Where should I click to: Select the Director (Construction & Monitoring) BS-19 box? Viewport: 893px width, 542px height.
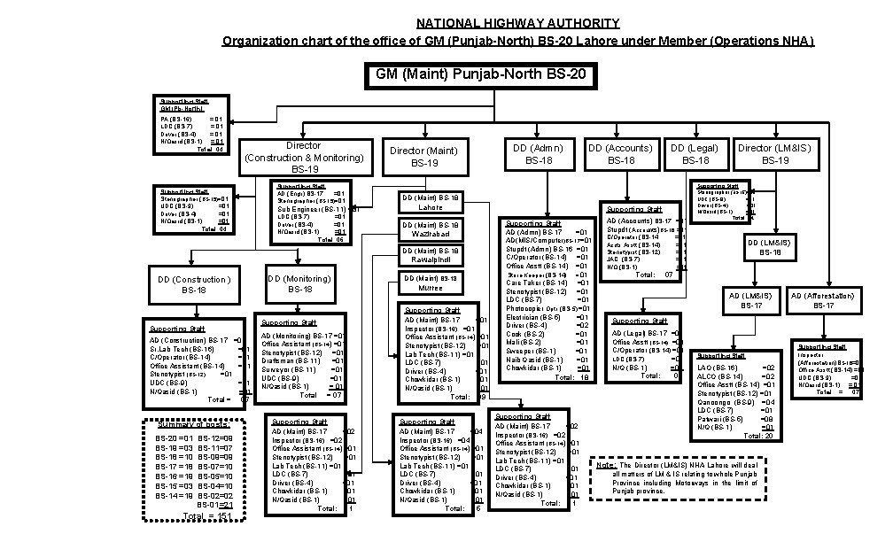[x=303, y=157]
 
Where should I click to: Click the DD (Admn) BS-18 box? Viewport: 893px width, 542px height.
[x=539, y=154]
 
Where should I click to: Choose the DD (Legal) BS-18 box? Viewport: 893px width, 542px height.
[x=694, y=154]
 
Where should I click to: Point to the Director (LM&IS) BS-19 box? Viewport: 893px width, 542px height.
[x=773, y=154]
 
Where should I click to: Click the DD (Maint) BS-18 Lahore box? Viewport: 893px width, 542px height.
[x=431, y=202]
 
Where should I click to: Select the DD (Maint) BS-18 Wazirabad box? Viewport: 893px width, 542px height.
[x=431, y=229]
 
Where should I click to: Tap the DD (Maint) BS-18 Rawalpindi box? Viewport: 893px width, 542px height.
[x=431, y=255]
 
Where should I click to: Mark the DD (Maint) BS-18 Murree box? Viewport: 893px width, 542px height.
[x=431, y=283]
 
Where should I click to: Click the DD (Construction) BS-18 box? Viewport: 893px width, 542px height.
[x=193, y=284]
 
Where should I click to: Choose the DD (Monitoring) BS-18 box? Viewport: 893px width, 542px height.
[x=299, y=283]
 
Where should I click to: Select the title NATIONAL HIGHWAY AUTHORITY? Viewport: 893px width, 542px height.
[x=519, y=24]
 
